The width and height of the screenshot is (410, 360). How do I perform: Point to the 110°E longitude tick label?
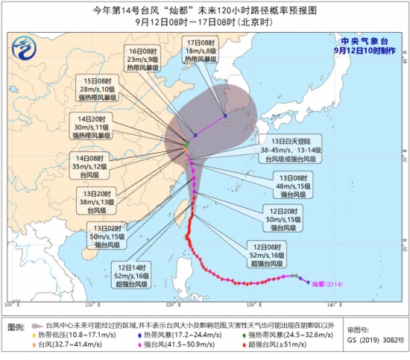coord(90,304)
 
